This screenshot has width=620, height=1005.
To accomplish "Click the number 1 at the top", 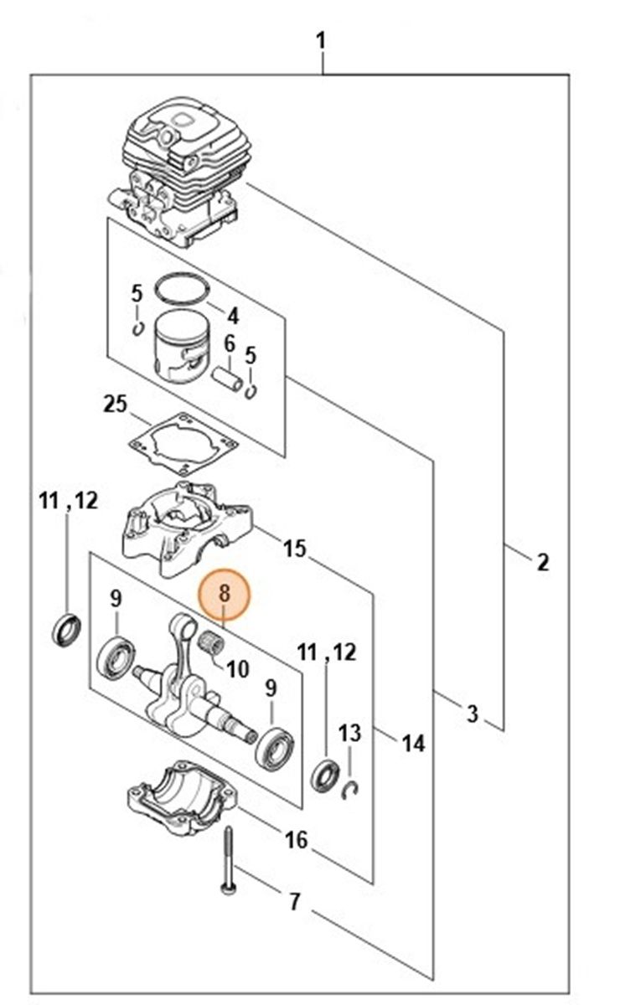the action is pos(321,42).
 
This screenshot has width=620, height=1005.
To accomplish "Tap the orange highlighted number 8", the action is pos(224,595).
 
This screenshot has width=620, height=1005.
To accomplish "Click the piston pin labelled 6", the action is pos(228,379).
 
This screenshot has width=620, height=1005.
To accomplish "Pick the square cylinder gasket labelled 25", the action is pos(183,443).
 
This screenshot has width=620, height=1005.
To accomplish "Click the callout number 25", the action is pos(116,405).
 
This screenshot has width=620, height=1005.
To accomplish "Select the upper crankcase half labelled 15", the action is pos(187,528).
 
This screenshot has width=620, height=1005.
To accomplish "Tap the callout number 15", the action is pos(296,549).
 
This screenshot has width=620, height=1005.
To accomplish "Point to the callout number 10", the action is pos(238,669).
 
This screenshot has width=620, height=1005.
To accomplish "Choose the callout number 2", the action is pos(543,562).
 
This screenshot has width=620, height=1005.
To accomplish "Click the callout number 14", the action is pos(414,744).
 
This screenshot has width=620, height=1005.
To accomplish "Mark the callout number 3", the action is pos(473,713).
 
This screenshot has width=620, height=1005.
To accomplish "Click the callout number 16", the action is pos(297,840).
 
